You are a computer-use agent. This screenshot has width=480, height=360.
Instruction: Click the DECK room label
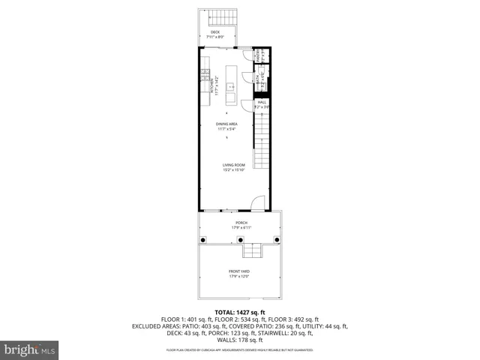point(215,32)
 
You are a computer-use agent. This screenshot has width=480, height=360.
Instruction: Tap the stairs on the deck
point(220,17)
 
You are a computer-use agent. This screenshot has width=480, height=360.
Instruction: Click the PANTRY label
point(257,55)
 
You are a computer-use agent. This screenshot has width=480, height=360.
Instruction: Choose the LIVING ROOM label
point(233,166)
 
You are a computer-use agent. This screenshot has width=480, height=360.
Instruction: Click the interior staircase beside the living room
point(261,142)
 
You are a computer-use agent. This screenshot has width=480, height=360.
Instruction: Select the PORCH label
point(241,223)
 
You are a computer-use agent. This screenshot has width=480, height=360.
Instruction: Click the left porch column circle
point(202,239)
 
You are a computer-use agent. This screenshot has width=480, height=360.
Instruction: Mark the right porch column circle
point(277,239)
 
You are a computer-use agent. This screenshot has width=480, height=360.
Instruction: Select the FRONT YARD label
point(239,273)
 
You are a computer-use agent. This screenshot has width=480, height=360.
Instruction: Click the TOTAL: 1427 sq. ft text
point(240,312)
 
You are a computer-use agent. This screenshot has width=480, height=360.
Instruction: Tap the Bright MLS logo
point(30,349)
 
